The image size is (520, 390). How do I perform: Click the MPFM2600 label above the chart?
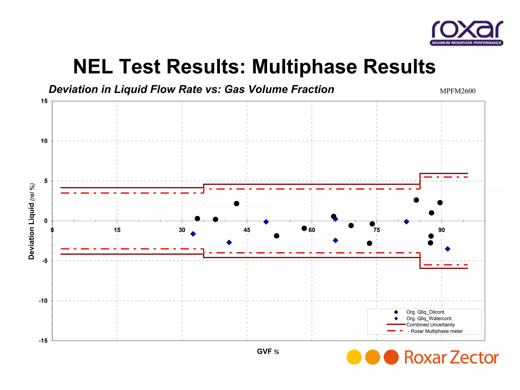coord(458,91)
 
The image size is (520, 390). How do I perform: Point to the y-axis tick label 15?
coord(44,101)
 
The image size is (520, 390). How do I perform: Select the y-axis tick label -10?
coord(43,301)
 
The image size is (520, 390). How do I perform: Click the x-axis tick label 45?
coord(247,230)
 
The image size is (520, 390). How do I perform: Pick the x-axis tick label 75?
coord(377,230)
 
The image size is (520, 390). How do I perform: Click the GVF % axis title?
coord(268,352)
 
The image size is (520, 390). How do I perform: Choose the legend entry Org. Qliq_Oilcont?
coord(426,312)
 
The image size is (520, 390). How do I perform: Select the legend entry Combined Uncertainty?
coord(430,325)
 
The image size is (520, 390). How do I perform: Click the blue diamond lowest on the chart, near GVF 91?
coord(448,249)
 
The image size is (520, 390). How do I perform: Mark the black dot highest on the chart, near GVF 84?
coord(416,200)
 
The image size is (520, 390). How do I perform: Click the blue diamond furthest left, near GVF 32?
coord(193,234)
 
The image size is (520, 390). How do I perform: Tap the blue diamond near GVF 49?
coord(266,222)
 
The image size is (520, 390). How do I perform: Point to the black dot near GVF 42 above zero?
coord(236,204)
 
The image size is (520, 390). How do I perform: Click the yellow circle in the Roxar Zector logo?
coord(354,357)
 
